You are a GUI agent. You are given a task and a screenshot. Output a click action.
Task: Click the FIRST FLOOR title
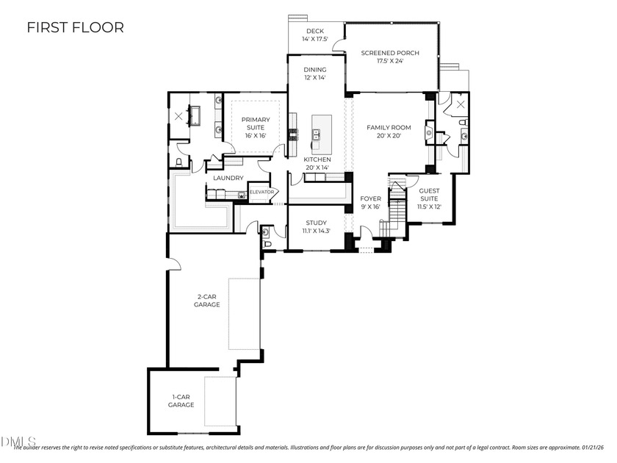tap(75, 28)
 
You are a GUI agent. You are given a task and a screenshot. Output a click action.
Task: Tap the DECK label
tap(315, 35)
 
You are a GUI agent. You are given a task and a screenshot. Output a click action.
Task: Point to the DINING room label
tap(315, 73)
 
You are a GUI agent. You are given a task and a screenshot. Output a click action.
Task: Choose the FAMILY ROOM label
tap(389, 132)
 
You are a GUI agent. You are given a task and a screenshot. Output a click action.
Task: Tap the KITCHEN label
tap(317, 163)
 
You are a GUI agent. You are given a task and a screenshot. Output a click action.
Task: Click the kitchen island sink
tap(317, 134)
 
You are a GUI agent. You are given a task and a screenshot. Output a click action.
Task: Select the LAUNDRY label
tap(228, 178)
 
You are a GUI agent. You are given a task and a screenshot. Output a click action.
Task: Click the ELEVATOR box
tap(261, 193)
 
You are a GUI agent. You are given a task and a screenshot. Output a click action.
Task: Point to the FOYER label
tap(370, 203)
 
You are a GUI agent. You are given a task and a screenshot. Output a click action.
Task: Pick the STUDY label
tap(316, 226)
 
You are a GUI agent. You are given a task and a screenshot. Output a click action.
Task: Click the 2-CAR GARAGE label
tap(208, 301)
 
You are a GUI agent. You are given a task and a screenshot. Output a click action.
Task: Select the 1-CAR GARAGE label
tap(181, 401)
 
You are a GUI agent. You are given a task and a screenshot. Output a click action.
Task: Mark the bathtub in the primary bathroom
tap(196, 115)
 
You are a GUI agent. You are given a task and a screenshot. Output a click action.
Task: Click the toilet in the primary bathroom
tap(180, 162)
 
